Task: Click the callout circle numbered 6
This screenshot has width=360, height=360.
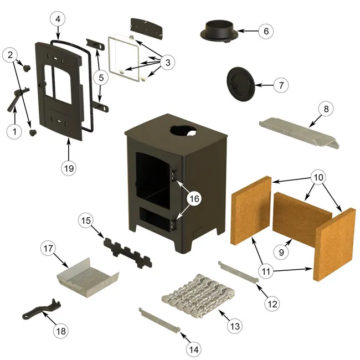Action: pyautogui.click(x=266, y=31)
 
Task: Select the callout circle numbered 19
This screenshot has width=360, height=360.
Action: pyautogui.click(x=69, y=167)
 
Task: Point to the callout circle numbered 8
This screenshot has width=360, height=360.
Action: pyautogui.click(x=326, y=109)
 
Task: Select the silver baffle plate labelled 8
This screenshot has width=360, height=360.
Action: pyautogui.click(x=296, y=132)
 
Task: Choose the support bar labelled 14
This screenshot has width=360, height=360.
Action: pyautogui.click(x=160, y=321)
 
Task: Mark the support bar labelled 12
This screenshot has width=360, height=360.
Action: pyautogui.click(x=238, y=272)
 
